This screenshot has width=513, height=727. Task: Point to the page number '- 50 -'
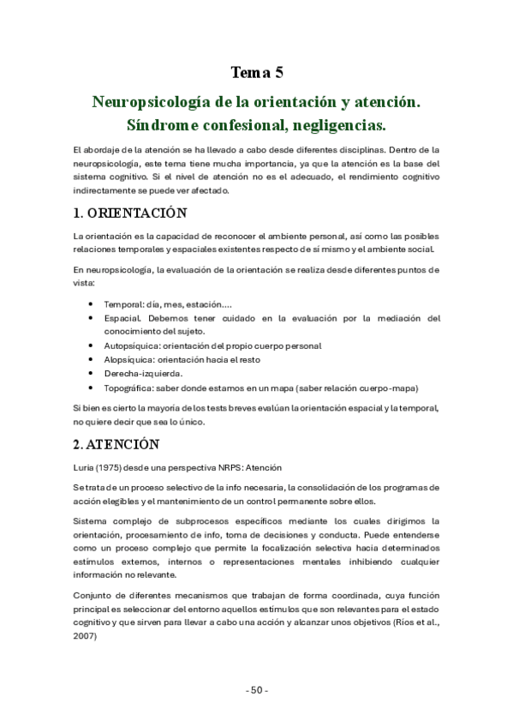click(x=256, y=690)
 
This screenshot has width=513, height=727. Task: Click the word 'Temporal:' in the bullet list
click(x=124, y=304)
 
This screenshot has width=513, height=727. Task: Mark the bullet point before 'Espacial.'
click(x=92, y=318)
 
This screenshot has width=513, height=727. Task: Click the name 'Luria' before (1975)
click(x=86, y=467)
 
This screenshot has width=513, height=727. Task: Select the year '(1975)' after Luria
click(x=116, y=467)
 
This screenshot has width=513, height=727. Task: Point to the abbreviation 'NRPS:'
click(x=231, y=467)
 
